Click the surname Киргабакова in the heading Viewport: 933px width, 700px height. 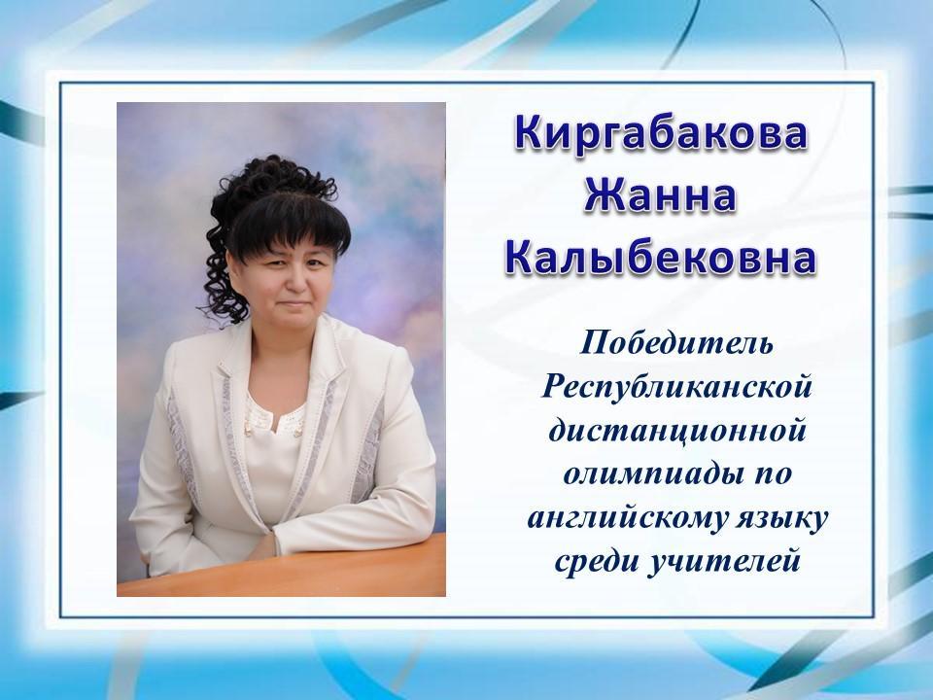(x=661, y=133)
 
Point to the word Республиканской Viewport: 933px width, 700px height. (x=677, y=388)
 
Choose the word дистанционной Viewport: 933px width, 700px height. (x=677, y=430)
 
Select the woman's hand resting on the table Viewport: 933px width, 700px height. (x=263, y=546)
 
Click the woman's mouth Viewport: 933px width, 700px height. (x=294, y=304)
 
